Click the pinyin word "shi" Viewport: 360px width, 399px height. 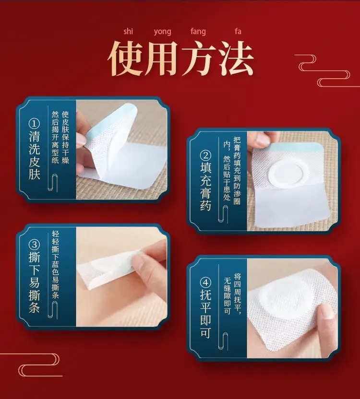point(128,31)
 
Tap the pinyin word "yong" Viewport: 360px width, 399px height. point(162,32)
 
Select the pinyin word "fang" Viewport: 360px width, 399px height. point(198,32)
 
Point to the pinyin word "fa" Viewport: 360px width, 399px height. point(238,31)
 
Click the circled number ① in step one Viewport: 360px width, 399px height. point(34,124)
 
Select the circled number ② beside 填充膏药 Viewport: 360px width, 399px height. point(205,155)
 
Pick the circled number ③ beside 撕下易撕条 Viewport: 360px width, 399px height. point(34,245)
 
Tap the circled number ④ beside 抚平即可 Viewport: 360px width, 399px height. point(205,282)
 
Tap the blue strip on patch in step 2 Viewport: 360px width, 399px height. point(292,146)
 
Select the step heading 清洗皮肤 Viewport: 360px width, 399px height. point(34,155)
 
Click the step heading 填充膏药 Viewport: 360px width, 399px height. point(205,187)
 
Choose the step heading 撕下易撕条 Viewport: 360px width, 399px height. point(34,282)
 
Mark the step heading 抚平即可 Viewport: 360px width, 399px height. point(205,314)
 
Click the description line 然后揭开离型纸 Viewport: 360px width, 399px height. point(55,137)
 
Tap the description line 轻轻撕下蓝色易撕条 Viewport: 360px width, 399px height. point(55,264)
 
